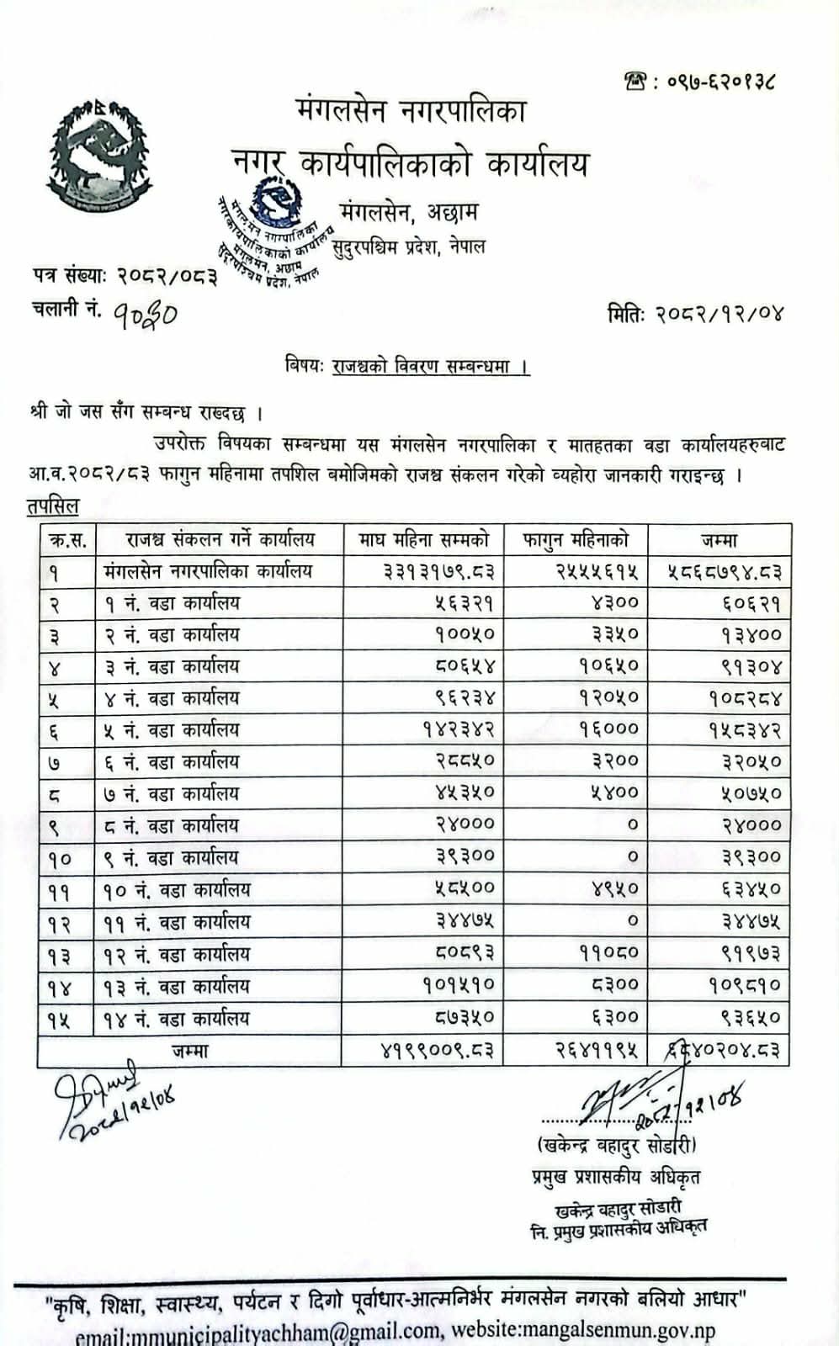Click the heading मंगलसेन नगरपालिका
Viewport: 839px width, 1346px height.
(x=411, y=110)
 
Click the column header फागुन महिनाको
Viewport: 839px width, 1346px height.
(x=575, y=540)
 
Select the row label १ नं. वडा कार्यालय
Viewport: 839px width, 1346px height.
(x=172, y=603)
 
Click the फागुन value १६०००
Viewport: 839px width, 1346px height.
(x=608, y=729)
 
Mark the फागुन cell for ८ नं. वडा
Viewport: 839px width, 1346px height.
(x=632, y=825)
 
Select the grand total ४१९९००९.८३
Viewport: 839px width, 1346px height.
(x=438, y=1051)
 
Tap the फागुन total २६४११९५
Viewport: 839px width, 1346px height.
(x=597, y=1051)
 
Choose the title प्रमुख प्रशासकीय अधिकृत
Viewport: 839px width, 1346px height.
(x=615, y=1177)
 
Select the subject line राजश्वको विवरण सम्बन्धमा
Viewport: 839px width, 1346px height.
(x=429, y=367)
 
